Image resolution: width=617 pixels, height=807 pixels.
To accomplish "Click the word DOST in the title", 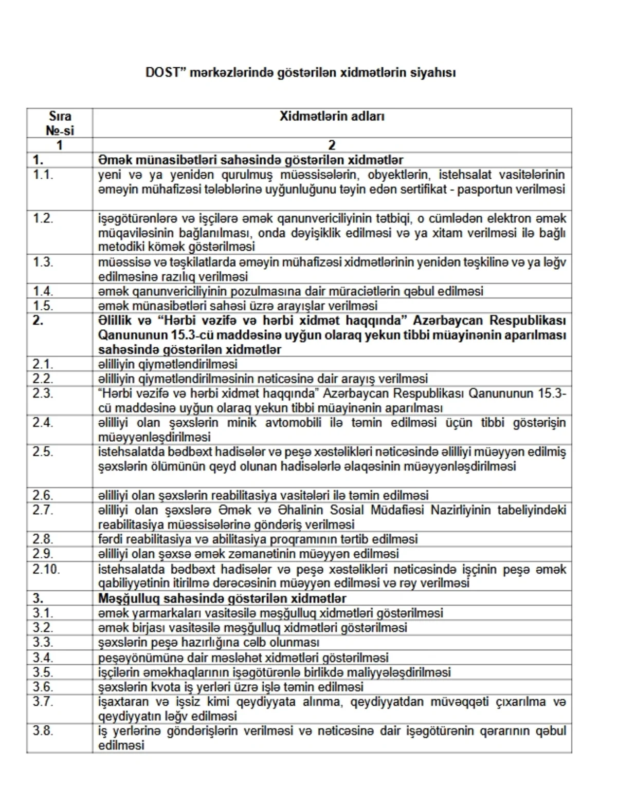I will [161, 72].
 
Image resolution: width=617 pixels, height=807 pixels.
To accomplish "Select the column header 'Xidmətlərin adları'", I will [332, 116].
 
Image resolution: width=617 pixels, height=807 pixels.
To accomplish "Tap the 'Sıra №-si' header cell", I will [60, 123].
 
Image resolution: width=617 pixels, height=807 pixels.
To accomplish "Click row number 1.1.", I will [43, 175].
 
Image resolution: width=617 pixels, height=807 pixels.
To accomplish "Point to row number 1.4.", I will [43, 291].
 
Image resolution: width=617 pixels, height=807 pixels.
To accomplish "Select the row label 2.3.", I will [43, 393].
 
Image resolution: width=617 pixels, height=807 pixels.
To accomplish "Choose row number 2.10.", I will [46, 569].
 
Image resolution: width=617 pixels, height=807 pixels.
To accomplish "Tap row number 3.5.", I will [43, 672].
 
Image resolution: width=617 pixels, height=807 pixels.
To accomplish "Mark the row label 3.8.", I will [43, 730].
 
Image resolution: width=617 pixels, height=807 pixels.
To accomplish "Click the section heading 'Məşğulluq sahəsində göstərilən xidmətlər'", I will [222, 598].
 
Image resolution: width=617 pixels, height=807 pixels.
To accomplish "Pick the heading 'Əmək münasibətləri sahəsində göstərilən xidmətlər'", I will [250, 160].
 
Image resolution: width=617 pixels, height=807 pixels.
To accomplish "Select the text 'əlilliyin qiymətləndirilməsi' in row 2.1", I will [168, 364].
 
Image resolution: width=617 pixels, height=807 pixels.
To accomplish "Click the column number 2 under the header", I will [332, 145].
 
